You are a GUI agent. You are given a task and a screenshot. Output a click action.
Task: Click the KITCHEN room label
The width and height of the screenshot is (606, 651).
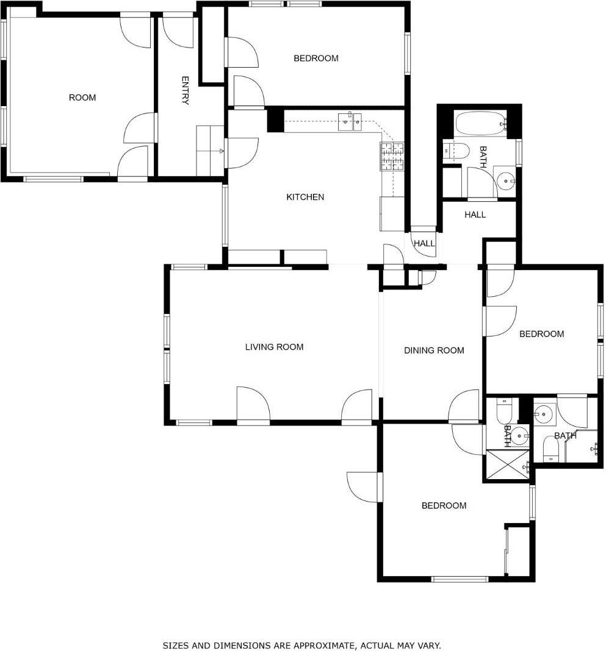305,197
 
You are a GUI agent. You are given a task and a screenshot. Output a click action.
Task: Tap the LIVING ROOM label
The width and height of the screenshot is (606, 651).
274,347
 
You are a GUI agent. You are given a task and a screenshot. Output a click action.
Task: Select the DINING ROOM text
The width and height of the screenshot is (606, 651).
434,350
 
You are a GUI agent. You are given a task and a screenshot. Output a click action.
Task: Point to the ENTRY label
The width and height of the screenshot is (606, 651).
186,90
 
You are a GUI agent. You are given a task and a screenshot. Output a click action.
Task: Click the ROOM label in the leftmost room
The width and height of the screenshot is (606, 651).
82,98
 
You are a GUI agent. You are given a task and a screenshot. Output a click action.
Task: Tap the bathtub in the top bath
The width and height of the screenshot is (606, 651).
481,124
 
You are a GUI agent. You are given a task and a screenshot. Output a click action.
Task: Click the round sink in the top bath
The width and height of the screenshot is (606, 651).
506,181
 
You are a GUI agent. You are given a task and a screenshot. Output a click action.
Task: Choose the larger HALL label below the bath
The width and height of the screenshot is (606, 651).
475,215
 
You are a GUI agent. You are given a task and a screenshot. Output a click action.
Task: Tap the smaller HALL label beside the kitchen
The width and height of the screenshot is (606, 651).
424,244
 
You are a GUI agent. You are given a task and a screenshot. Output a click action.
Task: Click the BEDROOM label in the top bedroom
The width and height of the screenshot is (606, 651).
316,59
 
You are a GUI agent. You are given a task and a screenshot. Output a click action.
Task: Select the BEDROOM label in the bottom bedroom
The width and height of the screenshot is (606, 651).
444,506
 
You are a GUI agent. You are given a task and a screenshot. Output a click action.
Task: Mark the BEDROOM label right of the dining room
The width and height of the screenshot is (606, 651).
541,334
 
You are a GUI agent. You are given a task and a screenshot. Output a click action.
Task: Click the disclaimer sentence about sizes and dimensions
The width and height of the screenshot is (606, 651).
301,645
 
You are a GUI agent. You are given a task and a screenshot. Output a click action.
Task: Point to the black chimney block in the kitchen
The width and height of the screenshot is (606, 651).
275,119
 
